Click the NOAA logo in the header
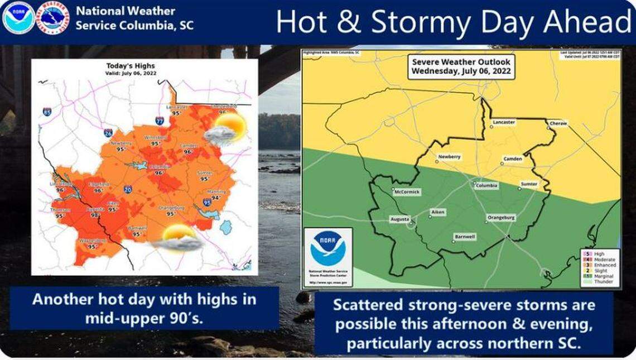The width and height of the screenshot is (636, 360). click(18, 18)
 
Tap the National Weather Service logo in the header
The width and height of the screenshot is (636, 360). click(52, 18)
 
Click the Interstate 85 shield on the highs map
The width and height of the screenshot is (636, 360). click(47, 112)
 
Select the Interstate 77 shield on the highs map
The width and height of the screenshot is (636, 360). click(160, 121)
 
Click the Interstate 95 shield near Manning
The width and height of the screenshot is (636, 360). click(207, 202)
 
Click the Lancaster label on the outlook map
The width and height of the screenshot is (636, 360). click(503, 122)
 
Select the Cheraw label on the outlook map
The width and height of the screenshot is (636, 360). click(557, 123)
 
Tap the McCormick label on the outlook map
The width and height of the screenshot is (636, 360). click(406, 192)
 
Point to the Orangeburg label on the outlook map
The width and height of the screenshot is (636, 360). click(501, 217)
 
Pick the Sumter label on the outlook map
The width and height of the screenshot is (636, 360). click(529, 184)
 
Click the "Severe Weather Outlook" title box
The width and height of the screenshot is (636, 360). click(460, 68)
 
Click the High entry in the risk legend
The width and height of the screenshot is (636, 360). click(598, 254)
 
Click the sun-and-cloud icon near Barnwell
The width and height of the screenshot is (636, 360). click(177, 238)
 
